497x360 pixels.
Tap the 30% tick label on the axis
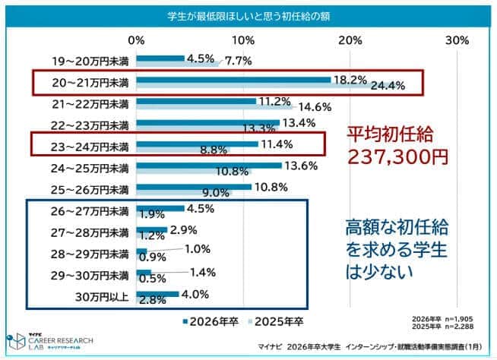(x=456, y=40)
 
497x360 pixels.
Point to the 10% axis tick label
(x=243, y=40)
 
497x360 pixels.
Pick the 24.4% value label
(x=388, y=86)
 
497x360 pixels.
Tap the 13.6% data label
(x=301, y=166)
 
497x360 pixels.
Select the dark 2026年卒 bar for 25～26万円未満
(x=194, y=186)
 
